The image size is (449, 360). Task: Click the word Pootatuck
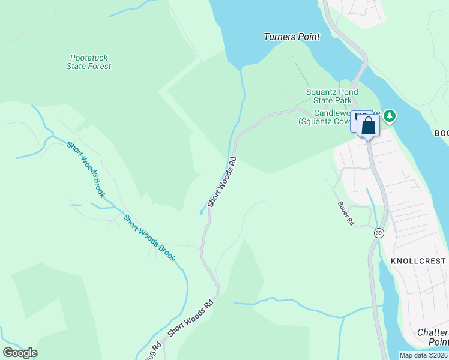coord(89,58)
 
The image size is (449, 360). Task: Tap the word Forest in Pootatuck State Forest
coord(100,67)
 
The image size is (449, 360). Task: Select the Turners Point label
coord(291,37)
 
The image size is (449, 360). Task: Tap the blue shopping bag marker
coord(369,126)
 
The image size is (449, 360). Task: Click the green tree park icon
coord(390,115)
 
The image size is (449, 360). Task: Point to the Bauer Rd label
coord(345,213)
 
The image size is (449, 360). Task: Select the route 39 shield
coord(379,233)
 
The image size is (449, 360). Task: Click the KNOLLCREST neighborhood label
coord(418,261)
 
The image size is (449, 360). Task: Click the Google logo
coord(20,353)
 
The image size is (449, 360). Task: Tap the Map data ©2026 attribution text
coord(424,355)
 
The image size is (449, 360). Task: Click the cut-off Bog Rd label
coord(152,352)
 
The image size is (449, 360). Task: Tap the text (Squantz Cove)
coord(325,122)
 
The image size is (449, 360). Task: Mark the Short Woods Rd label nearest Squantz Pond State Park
coord(222,182)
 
